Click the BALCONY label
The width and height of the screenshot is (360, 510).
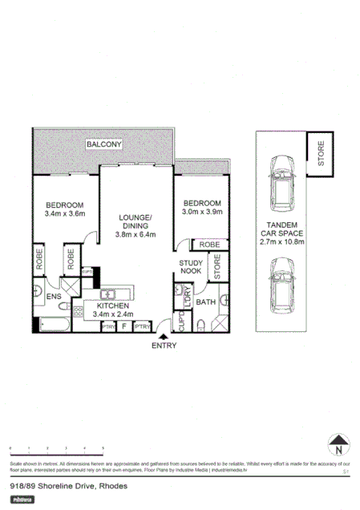click(x=104, y=145)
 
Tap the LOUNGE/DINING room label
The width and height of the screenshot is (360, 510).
click(x=136, y=221)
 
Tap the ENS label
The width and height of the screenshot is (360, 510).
click(x=53, y=297)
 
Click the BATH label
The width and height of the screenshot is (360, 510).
click(x=205, y=302)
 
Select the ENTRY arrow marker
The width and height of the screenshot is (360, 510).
click(x=164, y=337)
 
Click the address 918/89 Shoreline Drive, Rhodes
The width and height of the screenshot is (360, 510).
click(x=59, y=486)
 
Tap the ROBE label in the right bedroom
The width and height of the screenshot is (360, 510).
click(x=211, y=244)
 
